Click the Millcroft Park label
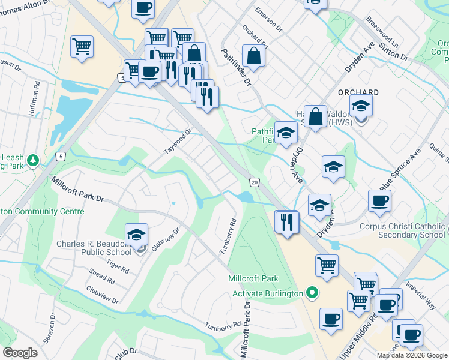click(253, 278)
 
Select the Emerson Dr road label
click(268, 19)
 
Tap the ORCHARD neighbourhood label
click(358, 92)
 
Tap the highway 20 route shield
click(255, 182)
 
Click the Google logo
click(20, 353)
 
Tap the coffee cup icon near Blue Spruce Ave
click(379, 202)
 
